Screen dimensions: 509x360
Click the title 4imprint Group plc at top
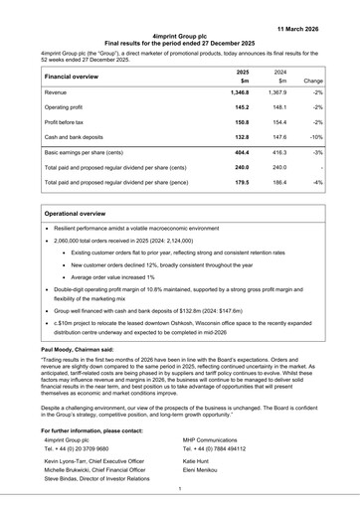pyautogui.click(x=179, y=35)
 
